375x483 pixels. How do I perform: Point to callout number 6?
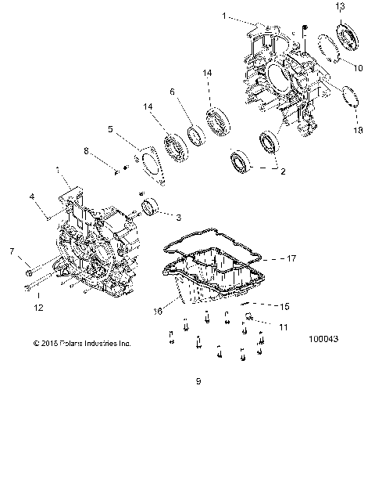[x=172, y=92]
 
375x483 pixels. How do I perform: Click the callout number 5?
[x=110, y=129]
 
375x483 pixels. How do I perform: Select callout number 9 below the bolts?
[x=198, y=381]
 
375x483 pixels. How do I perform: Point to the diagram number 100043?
[x=323, y=340]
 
